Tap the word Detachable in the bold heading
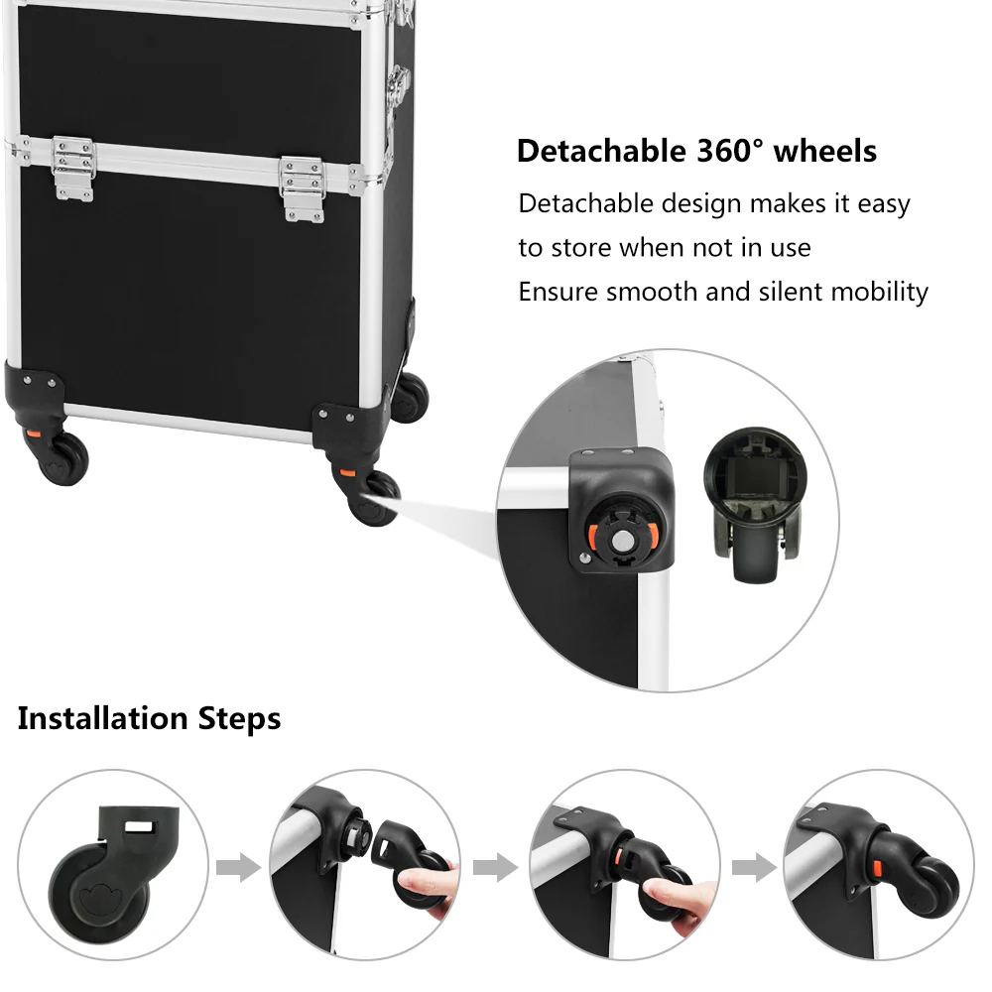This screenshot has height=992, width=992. (x=596, y=151)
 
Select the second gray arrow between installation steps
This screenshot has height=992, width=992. (x=495, y=869)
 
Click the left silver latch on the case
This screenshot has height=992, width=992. (x=73, y=168)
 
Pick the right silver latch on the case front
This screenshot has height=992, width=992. (x=303, y=187)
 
